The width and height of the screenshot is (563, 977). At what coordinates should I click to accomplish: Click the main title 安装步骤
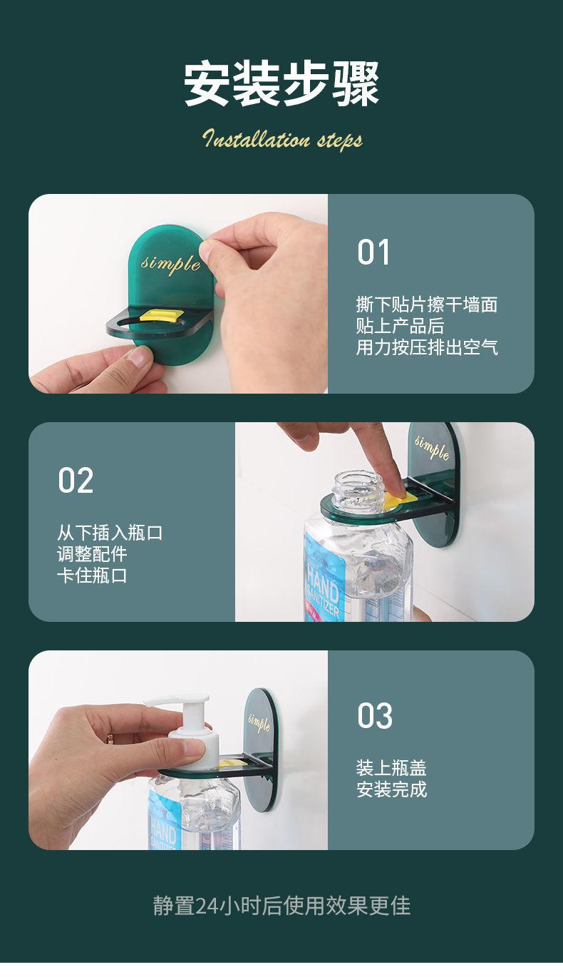(281, 84)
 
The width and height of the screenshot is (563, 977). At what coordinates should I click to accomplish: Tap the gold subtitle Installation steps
(282, 138)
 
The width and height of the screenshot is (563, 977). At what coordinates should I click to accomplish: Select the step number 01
(373, 252)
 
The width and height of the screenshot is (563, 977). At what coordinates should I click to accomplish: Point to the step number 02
(76, 480)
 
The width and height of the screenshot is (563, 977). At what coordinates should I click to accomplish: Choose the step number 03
(375, 716)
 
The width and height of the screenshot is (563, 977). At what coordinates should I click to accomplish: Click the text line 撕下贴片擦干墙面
(427, 304)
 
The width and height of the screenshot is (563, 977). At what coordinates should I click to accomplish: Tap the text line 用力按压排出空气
(427, 347)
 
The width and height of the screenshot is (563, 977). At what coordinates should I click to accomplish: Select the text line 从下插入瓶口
(110, 533)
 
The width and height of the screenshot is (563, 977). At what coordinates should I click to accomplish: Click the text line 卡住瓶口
(92, 576)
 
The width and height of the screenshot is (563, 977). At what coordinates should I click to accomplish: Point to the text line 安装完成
(391, 789)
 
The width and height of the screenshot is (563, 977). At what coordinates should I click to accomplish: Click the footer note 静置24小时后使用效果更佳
(281, 906)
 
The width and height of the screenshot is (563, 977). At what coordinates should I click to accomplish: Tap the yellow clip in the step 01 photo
(160, 316)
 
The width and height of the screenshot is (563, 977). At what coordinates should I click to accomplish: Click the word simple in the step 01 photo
(170, 263)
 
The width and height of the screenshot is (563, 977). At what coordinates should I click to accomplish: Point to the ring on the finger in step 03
(110, 738)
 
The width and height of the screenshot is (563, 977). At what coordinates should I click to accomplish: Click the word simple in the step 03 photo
(259, 722)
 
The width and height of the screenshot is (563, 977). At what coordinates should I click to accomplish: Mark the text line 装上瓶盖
(391, 767)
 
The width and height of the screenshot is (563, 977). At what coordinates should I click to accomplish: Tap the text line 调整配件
(92, 554)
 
